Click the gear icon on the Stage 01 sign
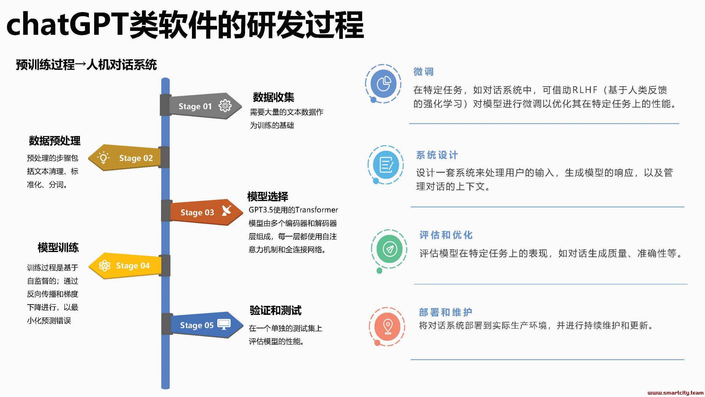(225, 106)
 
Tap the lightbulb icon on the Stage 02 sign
(103, 158)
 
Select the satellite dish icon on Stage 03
(227, 211)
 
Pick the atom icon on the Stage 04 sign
(105, 266)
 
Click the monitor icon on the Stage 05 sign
(224, 324)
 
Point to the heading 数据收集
(273, 97)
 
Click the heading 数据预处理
(55, 141)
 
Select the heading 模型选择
(268, 197)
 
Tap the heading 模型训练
(58, 248)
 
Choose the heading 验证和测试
(275, 310)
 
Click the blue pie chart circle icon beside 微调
(383, 84)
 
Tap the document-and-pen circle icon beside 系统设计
(386, 165)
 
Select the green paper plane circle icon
(389, 249)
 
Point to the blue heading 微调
(424, 72)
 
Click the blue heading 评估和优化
(446, 235)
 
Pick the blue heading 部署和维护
(446, 312)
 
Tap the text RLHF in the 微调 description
(585, 90)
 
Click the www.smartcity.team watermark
(676, 393)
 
